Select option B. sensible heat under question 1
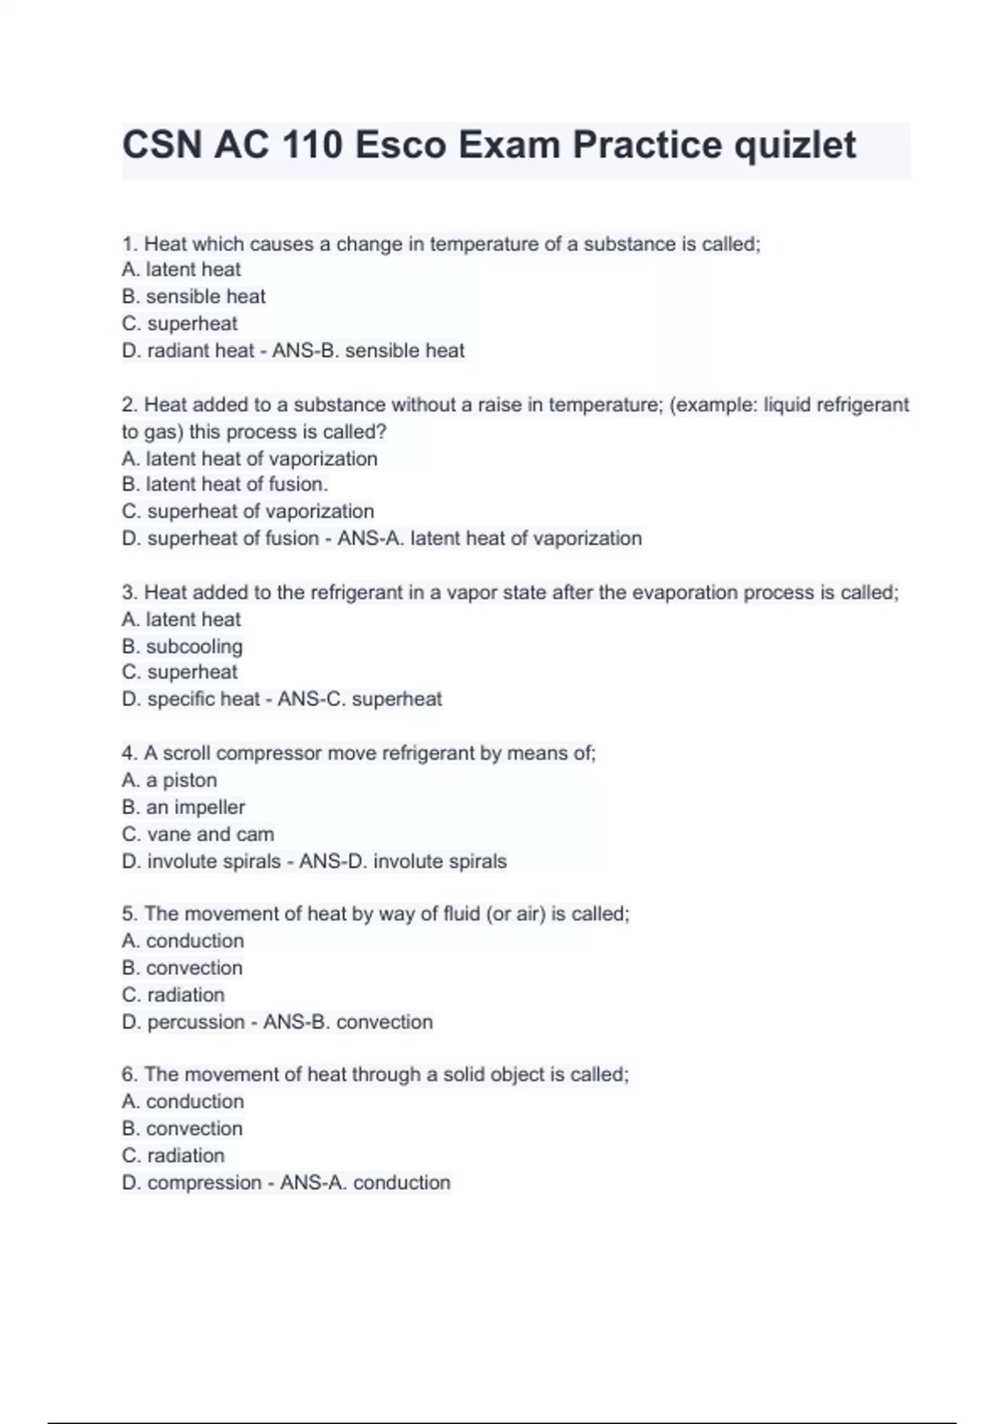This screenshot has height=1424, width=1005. tap(193, 297)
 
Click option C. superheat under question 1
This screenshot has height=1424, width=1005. tap(179, 323)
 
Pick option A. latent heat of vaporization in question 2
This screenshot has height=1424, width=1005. tap(250, 459)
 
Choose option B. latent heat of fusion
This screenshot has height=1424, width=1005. tap(224, 484)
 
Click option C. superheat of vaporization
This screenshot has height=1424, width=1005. tap(248, 511)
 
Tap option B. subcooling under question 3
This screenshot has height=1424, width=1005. tap(182, 647)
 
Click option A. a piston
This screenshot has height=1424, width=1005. tap(169, 780)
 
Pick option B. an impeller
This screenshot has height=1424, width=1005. tap(183, 807)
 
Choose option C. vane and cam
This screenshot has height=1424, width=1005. tap(198, 834)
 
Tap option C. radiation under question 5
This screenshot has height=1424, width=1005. tap(173, 995)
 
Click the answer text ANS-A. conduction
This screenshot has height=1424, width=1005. tap(365, 1183)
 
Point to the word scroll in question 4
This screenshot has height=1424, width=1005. tap(187, 753)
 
